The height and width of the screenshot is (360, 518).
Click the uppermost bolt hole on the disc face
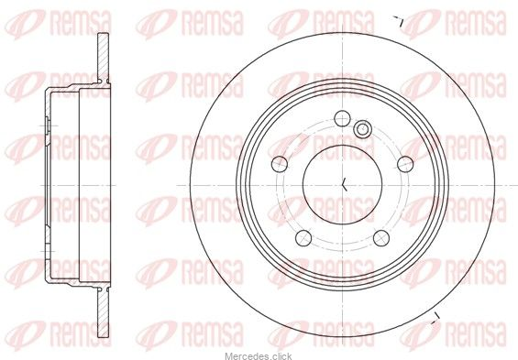coord(342,118)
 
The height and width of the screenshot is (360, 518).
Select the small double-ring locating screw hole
coord(362,128)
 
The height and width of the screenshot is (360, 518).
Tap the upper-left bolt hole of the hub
coord(280,164)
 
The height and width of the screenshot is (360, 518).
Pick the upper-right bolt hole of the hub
coord(405,164)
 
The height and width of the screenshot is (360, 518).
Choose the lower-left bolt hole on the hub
coord(303,238)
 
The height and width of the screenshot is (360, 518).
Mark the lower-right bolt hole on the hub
coord(381,238)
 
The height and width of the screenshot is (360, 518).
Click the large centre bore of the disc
coord(342,185)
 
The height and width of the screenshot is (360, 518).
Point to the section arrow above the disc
coord(399,21)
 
